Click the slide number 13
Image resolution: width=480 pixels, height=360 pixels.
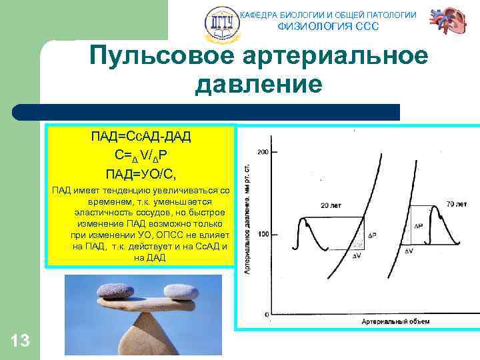point(20,341)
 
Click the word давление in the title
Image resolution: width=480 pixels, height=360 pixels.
point(258,85)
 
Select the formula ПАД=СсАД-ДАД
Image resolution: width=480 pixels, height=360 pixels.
point(141,137)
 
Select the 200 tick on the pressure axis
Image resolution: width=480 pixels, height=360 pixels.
point(263,153)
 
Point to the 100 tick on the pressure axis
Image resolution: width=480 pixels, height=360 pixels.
point(263,234)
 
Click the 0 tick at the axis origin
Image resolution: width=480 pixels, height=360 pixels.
point(267,313)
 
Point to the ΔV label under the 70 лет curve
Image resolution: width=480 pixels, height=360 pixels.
point(408,251)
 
